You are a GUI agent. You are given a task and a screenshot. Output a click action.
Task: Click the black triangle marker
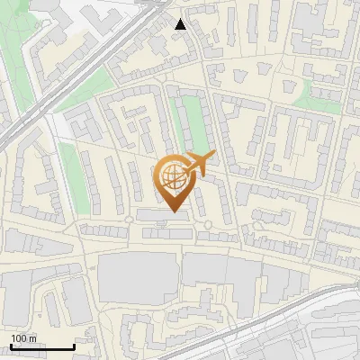pos(181,24)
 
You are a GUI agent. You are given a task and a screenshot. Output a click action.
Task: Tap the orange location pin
pos(173,180)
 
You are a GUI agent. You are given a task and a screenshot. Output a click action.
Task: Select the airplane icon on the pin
pos(197,163)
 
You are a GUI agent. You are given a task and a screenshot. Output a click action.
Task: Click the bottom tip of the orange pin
pos(173,211)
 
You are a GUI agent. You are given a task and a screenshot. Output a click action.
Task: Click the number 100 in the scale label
pos(18,338)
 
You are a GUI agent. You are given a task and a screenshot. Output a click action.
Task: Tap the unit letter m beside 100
pos(31,338)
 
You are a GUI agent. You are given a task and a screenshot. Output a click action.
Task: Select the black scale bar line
pos(42,346)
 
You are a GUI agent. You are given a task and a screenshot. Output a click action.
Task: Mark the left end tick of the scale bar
pos(11,346)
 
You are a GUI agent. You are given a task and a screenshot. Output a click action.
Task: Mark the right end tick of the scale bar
pos(74,346)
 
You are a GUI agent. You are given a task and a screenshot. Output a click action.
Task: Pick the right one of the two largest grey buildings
pos(220,280)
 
